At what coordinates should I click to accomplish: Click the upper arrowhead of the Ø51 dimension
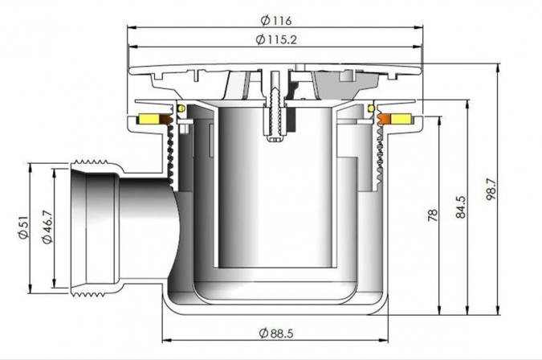coord(31,167)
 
